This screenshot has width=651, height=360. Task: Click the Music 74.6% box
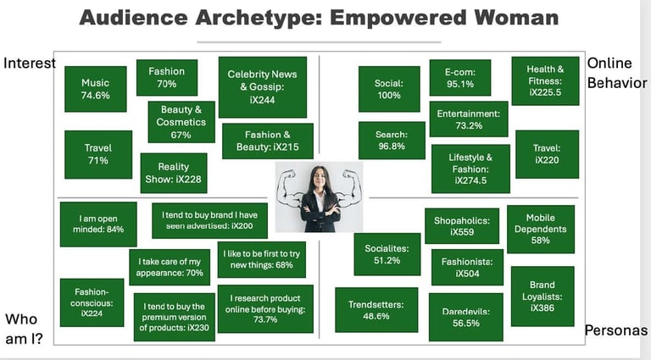(x=95, y=89)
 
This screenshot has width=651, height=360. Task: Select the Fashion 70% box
(x=167, y=78)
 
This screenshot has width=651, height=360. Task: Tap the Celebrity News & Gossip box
(x=262, y=87)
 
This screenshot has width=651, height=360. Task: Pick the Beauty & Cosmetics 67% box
(x=181, y=122)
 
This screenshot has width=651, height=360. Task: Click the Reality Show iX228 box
(x=173, y=172)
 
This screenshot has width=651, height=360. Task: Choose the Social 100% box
(x=388, y=89)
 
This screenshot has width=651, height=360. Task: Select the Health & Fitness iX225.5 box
(x=545, y=80)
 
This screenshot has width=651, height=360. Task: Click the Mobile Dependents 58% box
(x=540, y=229)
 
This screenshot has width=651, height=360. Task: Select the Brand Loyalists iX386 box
(x=542, y=296)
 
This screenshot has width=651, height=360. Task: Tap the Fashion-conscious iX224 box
(x=86, y=302)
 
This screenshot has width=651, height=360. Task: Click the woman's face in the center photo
(x=320, y=180)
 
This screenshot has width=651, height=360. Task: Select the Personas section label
(x=615, y=330)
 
